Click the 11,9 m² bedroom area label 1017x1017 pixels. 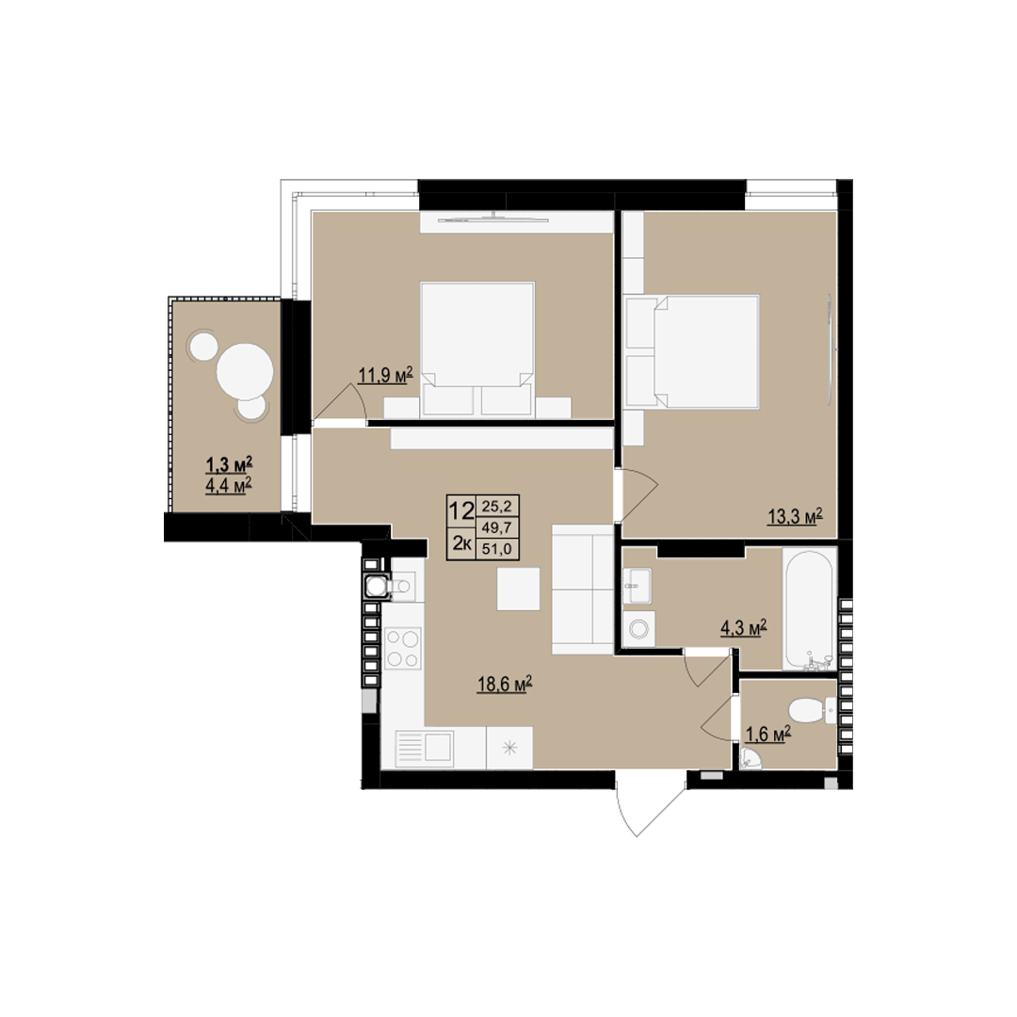click(386, 376)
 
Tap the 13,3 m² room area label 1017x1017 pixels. click(795, 517)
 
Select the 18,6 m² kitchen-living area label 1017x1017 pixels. click(506, 685)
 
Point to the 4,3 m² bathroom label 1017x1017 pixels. click(744, 628)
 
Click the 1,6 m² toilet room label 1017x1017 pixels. click(768, 734)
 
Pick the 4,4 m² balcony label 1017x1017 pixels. click(229, 486)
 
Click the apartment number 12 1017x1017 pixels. click(461, 511)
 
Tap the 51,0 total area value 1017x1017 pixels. click(497, 549)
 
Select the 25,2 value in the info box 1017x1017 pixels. click(497, 506)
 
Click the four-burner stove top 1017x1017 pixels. click(403, 649)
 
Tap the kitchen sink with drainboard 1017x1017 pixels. click(424, 750)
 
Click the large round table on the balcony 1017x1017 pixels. click(245, 372)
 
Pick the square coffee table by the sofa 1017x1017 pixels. click(518, 589)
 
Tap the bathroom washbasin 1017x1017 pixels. click(638, 585)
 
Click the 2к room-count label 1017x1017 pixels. click(461, 543)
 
